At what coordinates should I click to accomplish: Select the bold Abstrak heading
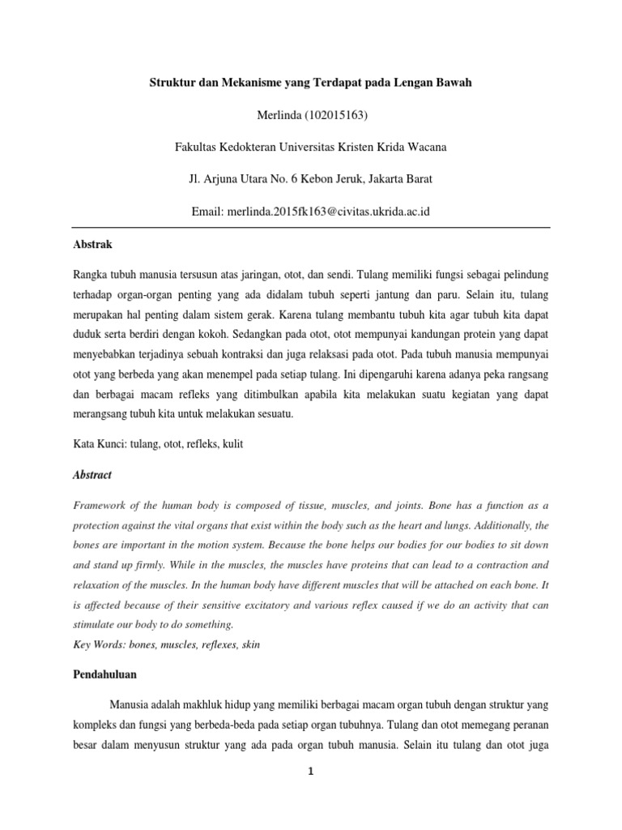[92, 244]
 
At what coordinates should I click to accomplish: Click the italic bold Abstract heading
[92, 475]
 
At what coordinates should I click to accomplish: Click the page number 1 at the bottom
[311, 772]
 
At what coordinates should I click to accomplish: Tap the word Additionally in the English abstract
[492, 525]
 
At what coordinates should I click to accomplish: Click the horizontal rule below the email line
[311, 227]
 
